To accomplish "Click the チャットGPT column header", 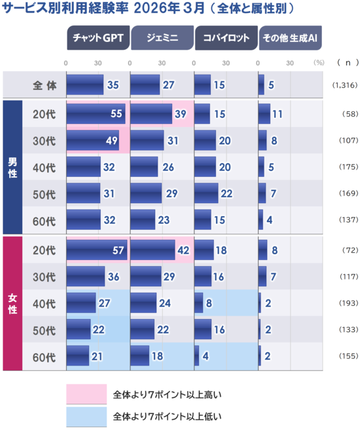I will tap(97, 38).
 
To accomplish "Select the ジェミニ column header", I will tap(161, 38).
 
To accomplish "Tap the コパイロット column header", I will tap(225, 38).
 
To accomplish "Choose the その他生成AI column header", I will tap(289, 38).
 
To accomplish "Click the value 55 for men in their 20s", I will tap(117, 113).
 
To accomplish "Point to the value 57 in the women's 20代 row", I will tap(117, 250).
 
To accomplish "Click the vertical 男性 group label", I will tap(12, 166).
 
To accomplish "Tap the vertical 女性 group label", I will tap(12, 303).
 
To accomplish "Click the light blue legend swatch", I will tap(86, 416).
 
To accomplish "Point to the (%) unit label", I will tap(319, 63).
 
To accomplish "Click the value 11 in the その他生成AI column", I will tap(278, 113).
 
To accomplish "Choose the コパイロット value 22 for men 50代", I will tap(226, 194).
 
